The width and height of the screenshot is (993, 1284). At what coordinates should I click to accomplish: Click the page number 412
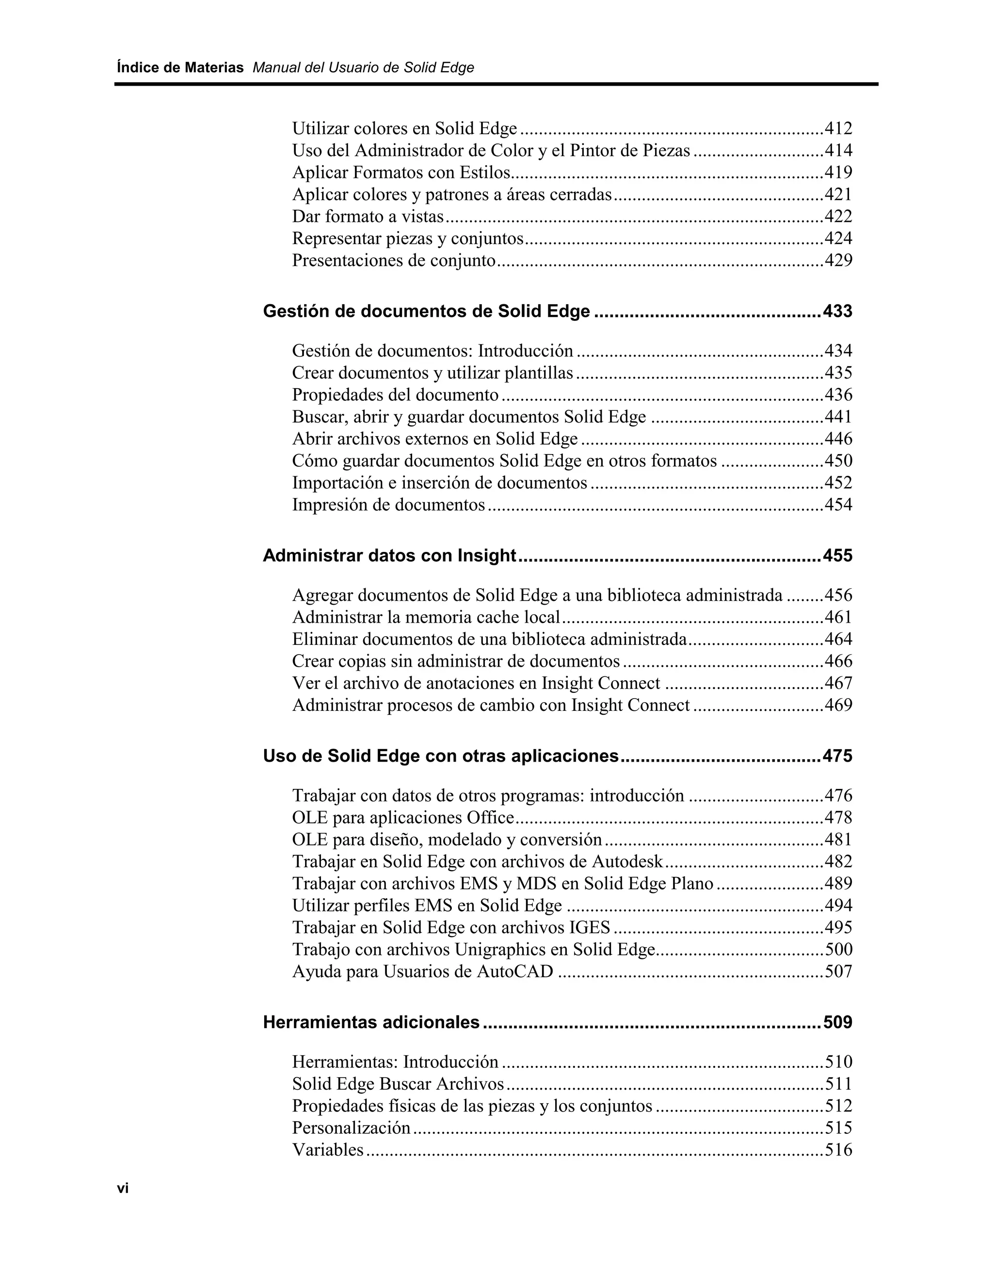tap(838, 128)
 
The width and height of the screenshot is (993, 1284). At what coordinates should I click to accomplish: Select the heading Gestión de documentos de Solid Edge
tap(426, 311)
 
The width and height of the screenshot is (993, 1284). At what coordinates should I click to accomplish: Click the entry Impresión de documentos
tap(388, 504)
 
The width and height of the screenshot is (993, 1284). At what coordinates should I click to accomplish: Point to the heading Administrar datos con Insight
tap(389, 556)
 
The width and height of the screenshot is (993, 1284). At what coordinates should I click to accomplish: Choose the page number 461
tap(838, 617)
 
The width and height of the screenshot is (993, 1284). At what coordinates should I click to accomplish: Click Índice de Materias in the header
tap(180, 68)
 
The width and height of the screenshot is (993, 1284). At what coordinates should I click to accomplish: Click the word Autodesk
tap(627, 862)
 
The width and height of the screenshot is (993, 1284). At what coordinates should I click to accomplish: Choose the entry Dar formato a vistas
tap(368, 217)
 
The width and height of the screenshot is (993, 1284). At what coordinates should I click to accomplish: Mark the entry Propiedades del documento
tap(395, 394)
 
